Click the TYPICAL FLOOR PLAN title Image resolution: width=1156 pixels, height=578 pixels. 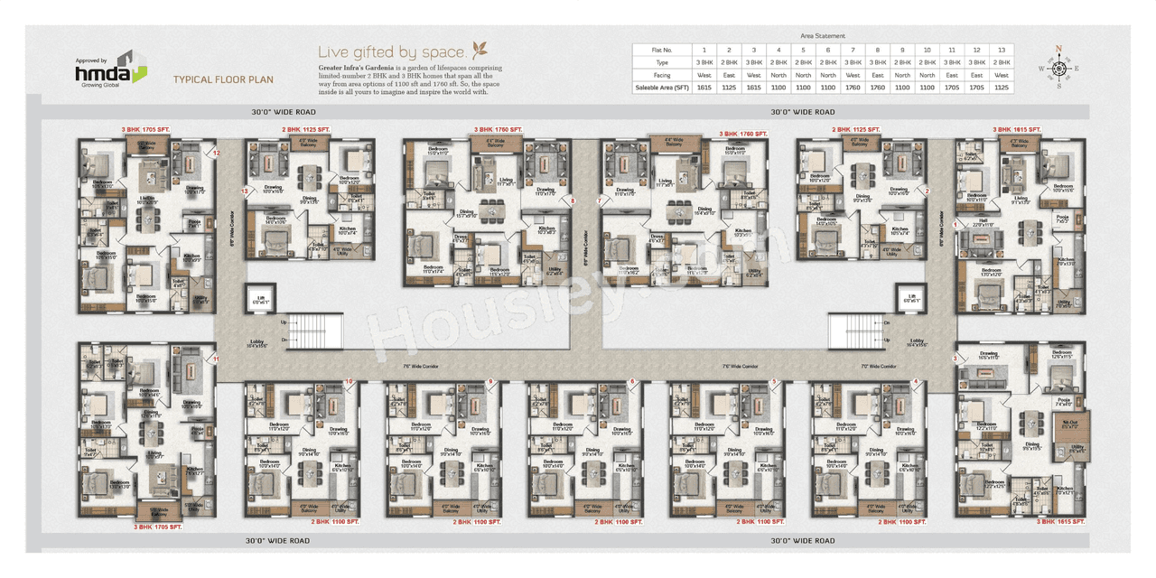[x=223, y=79]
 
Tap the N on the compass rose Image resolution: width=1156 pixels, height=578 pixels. [x=1059, y=50]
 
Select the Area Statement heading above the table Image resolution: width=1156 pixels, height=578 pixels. [x=823, y=35]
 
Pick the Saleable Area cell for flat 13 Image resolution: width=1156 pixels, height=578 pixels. [x=1001, y=88]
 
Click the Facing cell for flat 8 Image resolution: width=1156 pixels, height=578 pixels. [x=877, y=75]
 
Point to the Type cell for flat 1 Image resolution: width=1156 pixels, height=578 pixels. [x=704, y=62]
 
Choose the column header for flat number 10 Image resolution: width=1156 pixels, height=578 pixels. [x=927, y=50]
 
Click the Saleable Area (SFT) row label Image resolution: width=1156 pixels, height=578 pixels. [x=661, y=88]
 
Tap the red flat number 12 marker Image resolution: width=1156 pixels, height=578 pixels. [x=217, y=154]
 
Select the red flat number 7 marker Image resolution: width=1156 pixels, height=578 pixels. [x=598, y=200]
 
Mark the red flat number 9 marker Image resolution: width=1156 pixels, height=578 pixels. [x=490, y=382]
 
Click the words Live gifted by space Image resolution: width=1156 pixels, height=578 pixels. [x=393, y=52]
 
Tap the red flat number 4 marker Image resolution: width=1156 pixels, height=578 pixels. [x=916, y=382]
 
